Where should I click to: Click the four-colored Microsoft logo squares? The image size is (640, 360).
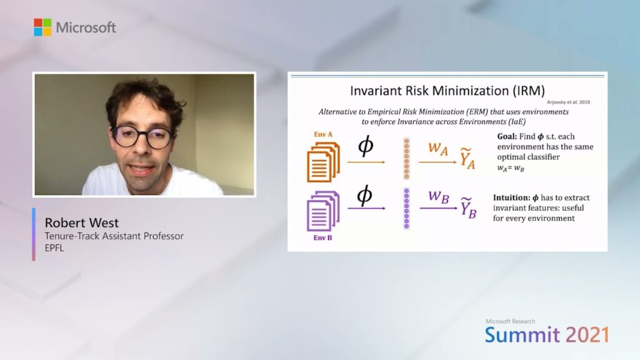click(x=42, y=27)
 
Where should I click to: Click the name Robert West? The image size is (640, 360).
click(x=82, y=222)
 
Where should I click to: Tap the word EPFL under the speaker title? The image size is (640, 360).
click(x=54, y=247)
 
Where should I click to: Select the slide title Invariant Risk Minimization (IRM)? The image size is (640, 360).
click(x=447, y=91)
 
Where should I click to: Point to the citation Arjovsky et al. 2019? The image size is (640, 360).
click(x=568, y=102)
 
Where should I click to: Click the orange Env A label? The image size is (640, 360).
click(x=323, y=134)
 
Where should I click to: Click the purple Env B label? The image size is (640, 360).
click(x=322, y=237)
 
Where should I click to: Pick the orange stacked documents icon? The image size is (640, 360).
click(x=323, y=162)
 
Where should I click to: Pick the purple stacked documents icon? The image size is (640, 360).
click(x=323, y=211)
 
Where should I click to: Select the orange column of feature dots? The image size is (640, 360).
click(x=406, y=159)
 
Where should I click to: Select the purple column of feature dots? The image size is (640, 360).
click(x=406, y=209)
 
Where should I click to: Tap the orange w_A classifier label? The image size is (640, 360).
click(x=438, y=149)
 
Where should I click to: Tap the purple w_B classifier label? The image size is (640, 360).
click(x=439, y=197)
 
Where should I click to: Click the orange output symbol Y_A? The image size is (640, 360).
click(x=467, y=159)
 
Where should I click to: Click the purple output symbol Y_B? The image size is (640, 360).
click(x=468, y=207)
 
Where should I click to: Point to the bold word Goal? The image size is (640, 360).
click(x=507, y=136)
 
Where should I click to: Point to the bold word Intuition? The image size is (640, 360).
click(x=511, y=197)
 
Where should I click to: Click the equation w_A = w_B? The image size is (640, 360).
click(x=511, y=168)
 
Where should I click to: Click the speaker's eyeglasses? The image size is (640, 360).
click(x=142, y=137)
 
